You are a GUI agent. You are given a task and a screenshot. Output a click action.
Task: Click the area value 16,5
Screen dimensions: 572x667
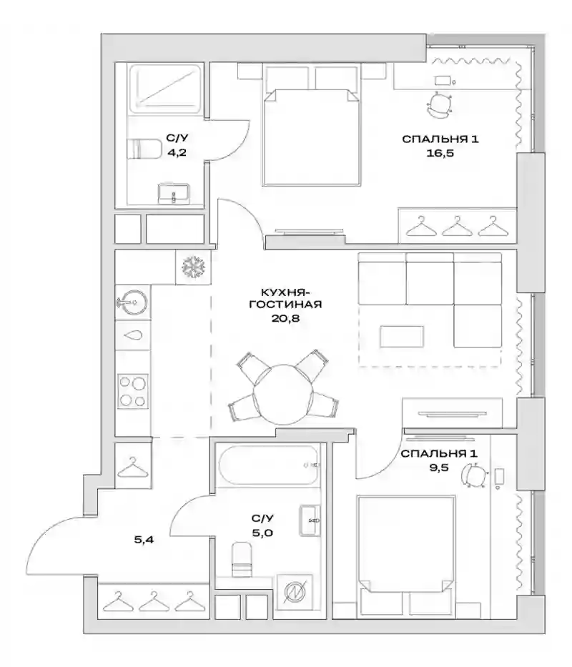[x=440, y=153]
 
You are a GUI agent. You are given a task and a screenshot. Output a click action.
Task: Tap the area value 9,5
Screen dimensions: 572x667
[x=439, y=468]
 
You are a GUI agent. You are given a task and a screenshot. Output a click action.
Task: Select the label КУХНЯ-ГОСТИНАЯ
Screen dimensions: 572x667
[x=285, y=298]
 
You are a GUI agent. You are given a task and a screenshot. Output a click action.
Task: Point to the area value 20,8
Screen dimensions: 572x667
[x=285, y=317]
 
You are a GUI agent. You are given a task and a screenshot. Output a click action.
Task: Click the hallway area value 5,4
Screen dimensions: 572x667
[x=144, y=540]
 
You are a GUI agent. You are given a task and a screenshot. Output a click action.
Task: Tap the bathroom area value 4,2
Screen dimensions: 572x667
[x=177, y=153]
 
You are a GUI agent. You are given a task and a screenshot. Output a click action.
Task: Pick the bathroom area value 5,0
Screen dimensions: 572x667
[x=262, y=533]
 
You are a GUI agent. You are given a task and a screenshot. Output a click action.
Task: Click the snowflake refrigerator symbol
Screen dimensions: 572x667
[x=193, y=267]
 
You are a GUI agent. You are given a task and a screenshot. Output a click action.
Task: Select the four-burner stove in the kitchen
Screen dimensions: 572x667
[x=133, y=391]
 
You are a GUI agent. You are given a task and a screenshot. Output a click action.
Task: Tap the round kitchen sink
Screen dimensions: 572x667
[x=132, y=302]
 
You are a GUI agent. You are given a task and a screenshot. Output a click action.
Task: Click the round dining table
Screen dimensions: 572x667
[x=283, y=393]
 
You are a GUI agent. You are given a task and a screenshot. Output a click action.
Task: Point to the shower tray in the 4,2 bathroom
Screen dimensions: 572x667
[x=164, y=89]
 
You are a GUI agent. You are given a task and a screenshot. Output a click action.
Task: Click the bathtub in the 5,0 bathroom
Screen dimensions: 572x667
[x=267, y=465]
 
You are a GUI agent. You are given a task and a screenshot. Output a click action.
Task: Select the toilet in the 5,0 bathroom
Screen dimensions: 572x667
[x=242, y=559]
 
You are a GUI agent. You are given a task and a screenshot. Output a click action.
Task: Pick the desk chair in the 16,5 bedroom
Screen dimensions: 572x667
[x=439, y=105]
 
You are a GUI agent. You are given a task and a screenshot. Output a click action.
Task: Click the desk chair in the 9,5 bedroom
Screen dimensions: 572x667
[x=473, y=474]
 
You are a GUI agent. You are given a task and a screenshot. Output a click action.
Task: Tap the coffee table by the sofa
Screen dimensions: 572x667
[x=402, y=337]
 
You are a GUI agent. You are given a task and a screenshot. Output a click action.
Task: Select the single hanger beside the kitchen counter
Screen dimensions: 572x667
[x=133, y=467]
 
